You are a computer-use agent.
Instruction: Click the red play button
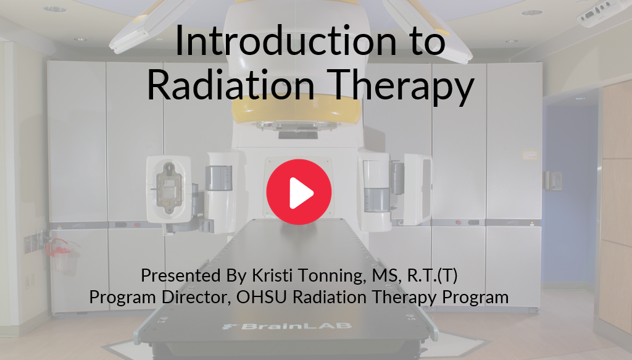(299, 192)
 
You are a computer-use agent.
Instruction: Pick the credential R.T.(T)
(433, 276)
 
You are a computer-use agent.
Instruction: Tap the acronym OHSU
(261, 297)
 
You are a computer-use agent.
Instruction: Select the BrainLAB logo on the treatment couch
(287, 326)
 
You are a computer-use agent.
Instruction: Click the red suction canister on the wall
(62, 256)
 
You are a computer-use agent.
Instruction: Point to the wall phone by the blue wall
(553, 181)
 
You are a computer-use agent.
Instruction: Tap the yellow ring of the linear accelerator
(298, 111)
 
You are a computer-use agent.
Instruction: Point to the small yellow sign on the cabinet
(530, 155)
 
